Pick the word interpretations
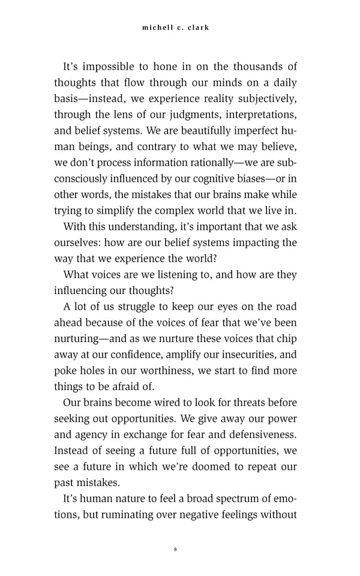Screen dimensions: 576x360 [254, 114]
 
